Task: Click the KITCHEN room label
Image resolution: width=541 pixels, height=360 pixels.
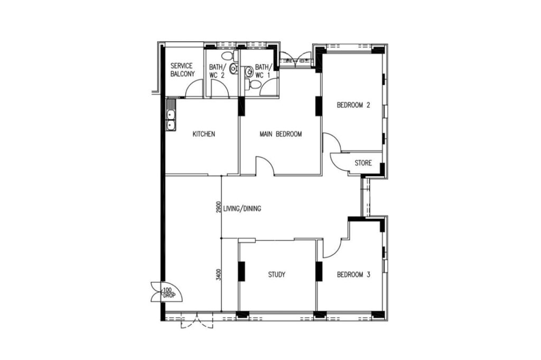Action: pos(203,134)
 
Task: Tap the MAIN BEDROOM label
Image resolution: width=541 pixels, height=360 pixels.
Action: pos(281,134)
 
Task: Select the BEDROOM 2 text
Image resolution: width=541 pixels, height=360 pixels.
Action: pos(353,105)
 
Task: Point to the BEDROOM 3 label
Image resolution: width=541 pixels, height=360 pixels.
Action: pos(353,274)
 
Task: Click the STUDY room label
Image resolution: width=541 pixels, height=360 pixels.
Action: pos(277,274)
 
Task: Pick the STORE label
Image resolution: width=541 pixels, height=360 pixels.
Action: pos(363,163)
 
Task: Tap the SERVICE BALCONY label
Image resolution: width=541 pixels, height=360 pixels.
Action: pos(182,70)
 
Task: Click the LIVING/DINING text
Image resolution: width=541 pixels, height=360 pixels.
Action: pos(242,209)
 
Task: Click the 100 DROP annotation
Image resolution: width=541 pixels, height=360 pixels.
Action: pos(168,293)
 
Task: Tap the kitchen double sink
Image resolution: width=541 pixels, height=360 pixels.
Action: pos(171,120)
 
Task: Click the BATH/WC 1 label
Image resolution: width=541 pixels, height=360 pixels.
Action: pos(263,71)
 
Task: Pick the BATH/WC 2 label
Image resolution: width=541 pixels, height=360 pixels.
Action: pos(218,71)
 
